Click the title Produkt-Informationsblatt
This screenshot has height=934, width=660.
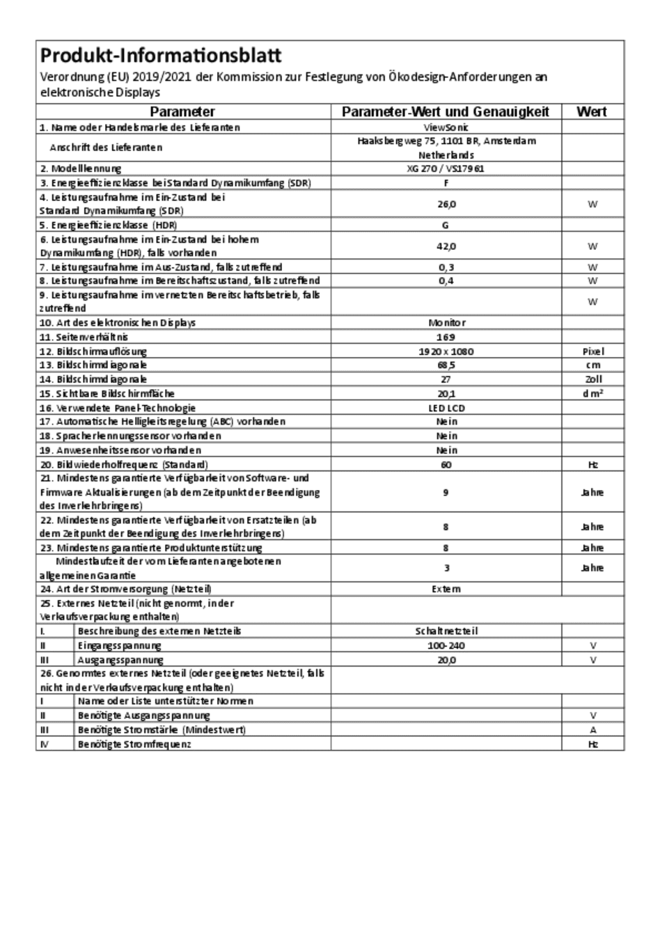pos(161,56)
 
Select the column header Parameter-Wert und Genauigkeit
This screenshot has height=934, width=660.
pos(446,112)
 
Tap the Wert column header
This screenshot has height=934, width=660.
pos(592,112)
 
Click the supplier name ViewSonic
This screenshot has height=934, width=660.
pos(446,127)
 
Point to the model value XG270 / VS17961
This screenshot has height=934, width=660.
pos(446,168)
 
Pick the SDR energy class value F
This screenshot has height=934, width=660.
pos(446,183)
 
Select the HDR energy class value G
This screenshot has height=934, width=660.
pos(446,225)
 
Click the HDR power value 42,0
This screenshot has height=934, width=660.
pos(446,246)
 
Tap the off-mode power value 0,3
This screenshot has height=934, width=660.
pos(446,267)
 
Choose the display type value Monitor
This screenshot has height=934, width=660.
pos(446,323)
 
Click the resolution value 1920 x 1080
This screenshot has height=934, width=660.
pos(446,351)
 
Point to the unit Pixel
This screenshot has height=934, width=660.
pos(592,351)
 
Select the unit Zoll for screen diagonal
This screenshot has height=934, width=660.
pos(592,379)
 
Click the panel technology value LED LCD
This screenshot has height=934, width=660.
pos(446,408)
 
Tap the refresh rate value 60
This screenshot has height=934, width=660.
pos(446,464)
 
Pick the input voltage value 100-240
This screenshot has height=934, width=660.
pos(446,645)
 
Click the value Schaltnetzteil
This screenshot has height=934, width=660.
pos(446,631)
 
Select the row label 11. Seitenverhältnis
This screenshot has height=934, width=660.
pos(84,337)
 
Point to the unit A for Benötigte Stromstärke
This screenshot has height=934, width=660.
pos(592,730)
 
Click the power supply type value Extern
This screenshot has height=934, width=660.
pos(446,589)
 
